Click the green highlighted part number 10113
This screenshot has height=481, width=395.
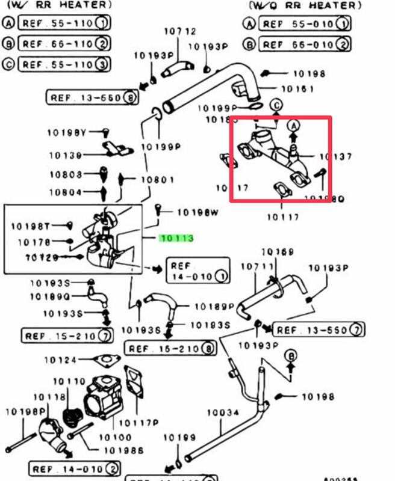click(176, 238)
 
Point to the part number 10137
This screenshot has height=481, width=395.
click(335, 157)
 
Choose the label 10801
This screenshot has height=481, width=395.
click(158, 179)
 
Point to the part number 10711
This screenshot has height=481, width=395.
click(253, 266)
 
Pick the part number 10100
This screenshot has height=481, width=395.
click(115, 437)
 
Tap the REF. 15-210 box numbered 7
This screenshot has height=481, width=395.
click(67, 335)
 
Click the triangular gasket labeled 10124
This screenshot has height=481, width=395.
click(106, 361)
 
